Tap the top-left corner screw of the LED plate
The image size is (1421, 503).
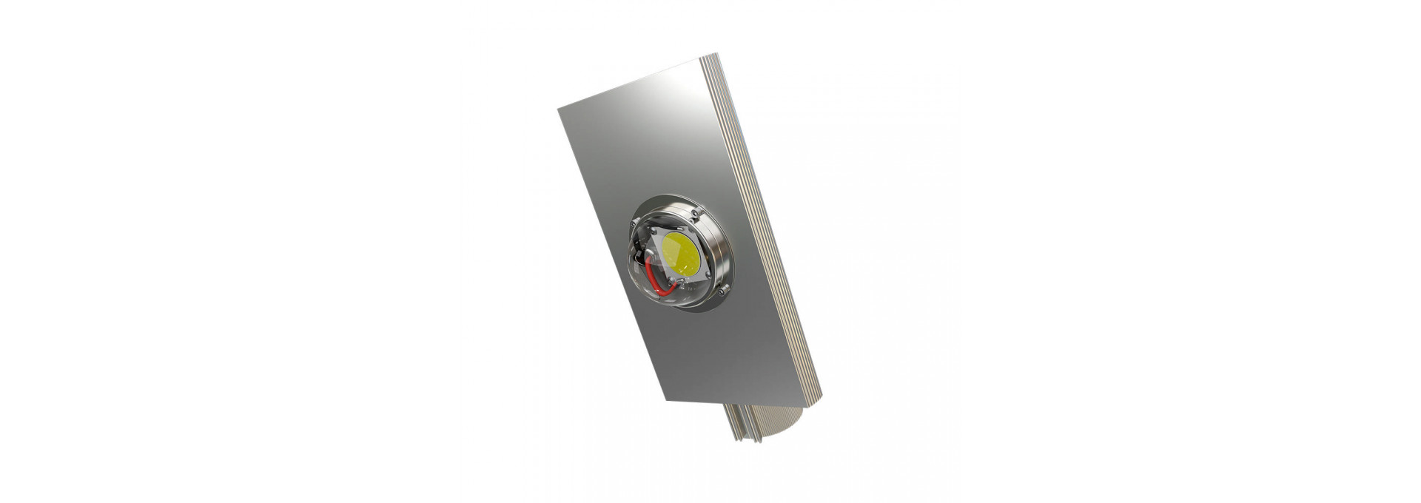(x=657, y=235)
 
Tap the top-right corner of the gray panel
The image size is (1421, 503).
(x=700, y=58)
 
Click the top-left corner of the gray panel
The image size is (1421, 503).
(x=560, y=108)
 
